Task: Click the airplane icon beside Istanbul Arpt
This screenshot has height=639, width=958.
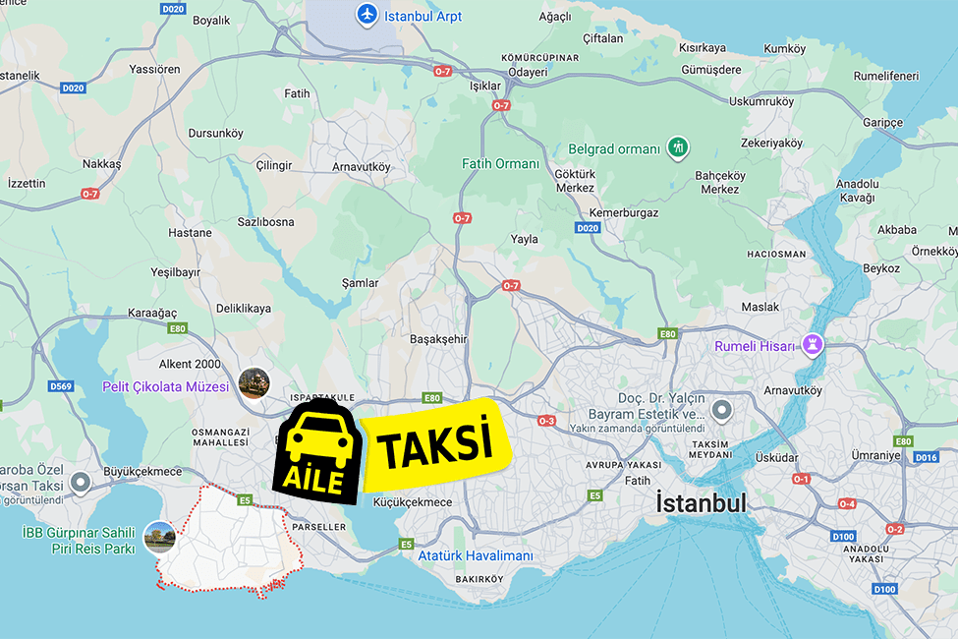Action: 366,16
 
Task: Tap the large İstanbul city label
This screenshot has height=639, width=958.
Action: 701,503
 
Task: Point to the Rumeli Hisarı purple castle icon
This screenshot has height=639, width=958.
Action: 813,345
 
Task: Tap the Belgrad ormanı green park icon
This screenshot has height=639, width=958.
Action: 677,148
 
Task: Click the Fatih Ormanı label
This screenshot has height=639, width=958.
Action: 500,164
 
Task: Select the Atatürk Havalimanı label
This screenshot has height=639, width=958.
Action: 476,556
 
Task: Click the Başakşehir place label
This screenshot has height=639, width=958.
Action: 438,339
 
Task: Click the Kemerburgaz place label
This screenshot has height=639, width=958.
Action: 623,212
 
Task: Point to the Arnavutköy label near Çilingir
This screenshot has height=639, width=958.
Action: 361,167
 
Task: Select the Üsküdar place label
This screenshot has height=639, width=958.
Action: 776,458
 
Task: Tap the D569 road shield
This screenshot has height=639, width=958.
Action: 61,386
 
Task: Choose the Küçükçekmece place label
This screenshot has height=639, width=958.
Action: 413,502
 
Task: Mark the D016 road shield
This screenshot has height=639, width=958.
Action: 926,457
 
